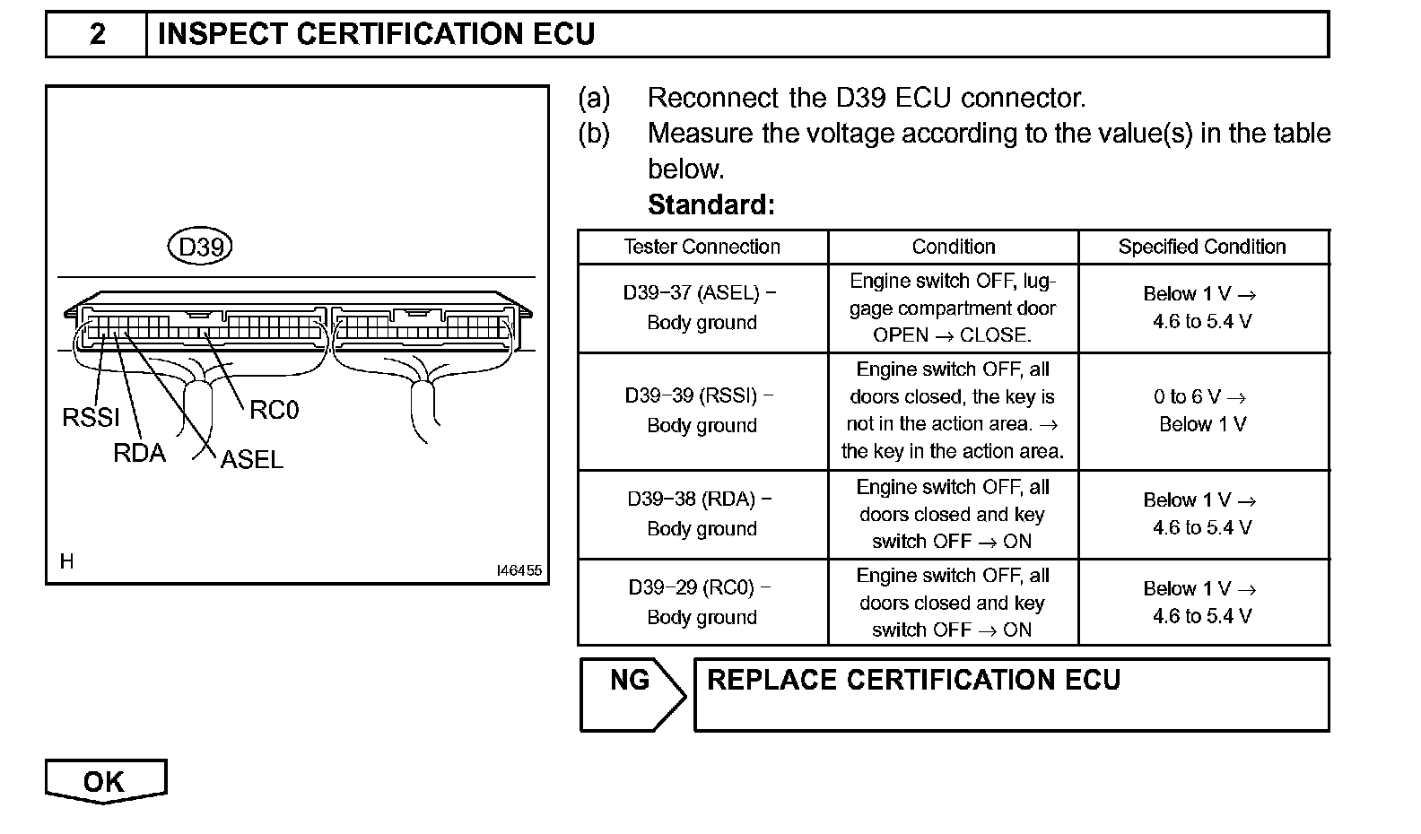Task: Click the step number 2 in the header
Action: [x=97, y=35]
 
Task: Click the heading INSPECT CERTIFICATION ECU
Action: [x=376, y=35]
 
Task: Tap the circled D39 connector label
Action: [x=200, y=247]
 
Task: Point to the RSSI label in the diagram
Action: [x=91, y=417]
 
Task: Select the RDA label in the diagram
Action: [x=139, y=453]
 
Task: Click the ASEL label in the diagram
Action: [x=252, y=459]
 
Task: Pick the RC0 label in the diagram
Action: [x=274, y=410]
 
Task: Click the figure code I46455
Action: [x=519, y=570]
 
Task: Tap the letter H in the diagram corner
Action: [x=67, y=561]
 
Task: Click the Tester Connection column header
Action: [x=702, y=247]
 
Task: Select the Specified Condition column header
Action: [x=1202, y=247]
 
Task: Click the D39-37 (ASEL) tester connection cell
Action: [x=702, y=308]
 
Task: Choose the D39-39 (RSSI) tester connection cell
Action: [x=702, y=411]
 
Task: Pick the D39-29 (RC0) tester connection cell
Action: [x=702, y=602]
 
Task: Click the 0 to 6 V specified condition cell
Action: [x=1202, y=411]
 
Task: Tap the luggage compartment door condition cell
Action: [x=953, y=308]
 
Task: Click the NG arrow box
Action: [x=632, y=693]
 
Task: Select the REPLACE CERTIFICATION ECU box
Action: [x=1011, y=694]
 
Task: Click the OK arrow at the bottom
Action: [x=105, y=781]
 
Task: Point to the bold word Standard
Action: [x=710, y=205]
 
